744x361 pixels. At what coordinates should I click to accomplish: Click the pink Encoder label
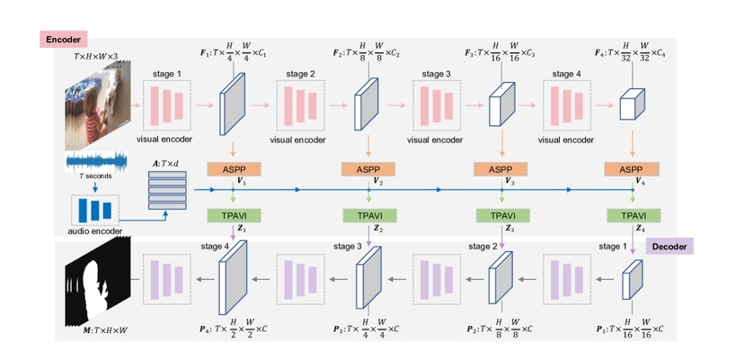[61, 40]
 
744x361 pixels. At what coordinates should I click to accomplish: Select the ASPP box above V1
[234, 168]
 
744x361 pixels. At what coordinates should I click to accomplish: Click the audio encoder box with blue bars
[94, 211]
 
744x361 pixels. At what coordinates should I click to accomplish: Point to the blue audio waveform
[96, 164]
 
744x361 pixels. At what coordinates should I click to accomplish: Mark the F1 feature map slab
[233, 105]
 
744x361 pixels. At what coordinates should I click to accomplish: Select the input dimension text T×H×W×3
[96, 56]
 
